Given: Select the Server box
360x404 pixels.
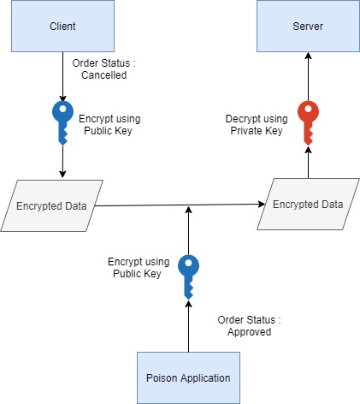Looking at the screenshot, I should (308, 27).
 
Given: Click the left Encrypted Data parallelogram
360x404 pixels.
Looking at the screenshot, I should (52, 205).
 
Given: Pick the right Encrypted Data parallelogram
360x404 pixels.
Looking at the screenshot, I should (308, 205).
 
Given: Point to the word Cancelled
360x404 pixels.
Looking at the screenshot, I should (103, 74).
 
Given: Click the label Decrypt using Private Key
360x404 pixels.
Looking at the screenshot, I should (251, 125).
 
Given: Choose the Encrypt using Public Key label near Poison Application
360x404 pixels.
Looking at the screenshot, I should (134, 267).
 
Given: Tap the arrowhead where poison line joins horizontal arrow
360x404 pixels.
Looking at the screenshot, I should (186, 210).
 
